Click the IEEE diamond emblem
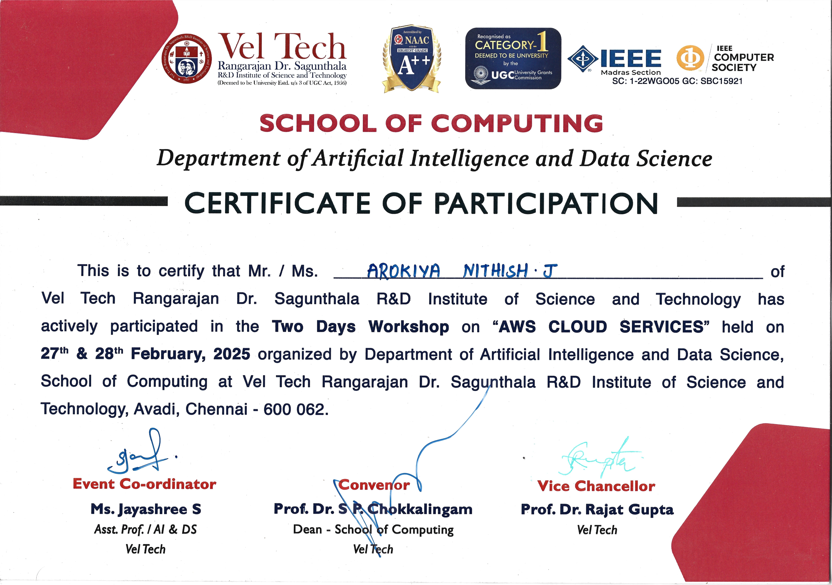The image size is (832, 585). click(x=583, y=59)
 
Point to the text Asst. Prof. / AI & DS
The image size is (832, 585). click(x=145, y=530)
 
